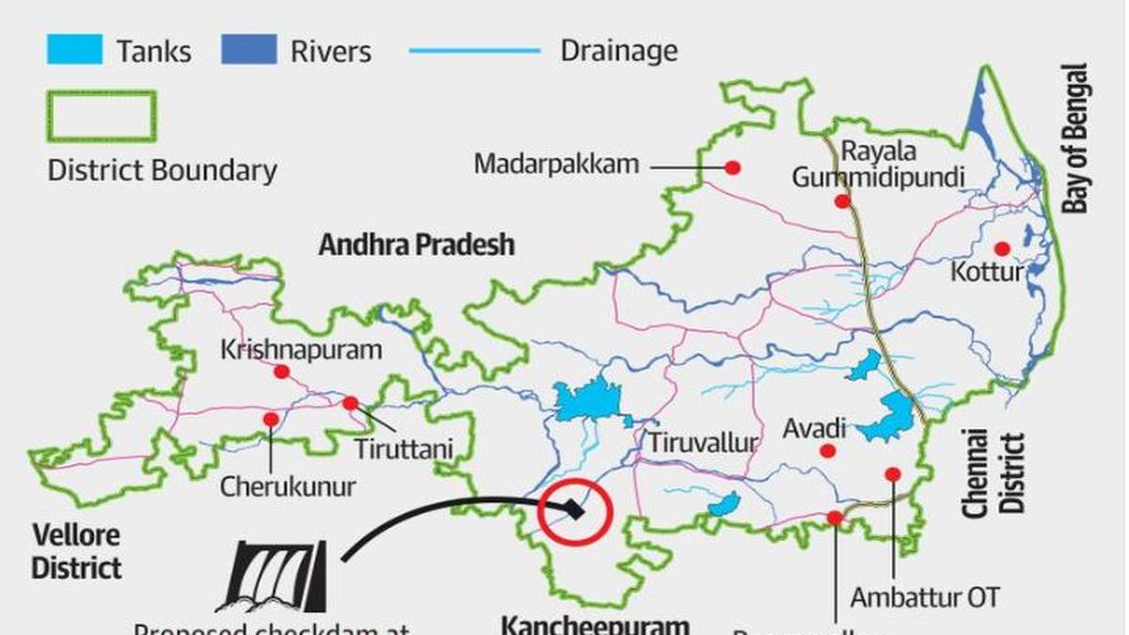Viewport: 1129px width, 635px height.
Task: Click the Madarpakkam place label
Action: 556,164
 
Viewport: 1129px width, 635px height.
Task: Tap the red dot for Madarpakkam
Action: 732,167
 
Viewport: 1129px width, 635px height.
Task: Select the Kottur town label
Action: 986,273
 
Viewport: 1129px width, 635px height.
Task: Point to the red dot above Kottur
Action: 1002,248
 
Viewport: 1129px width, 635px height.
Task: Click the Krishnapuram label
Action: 301,350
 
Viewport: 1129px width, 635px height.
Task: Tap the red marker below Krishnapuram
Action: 281,372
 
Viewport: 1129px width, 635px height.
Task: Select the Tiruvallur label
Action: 702,443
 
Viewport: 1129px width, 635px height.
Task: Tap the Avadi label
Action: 815,429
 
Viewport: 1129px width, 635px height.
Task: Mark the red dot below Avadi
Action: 827,452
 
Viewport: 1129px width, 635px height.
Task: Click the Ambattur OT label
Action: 925,596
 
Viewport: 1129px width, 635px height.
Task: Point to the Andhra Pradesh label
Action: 417,245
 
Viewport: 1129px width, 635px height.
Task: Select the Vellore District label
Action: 76,552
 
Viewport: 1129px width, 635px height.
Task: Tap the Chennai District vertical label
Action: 994,472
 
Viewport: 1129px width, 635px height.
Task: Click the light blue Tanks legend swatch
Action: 74,49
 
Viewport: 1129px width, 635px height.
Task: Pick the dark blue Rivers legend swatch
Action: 249,49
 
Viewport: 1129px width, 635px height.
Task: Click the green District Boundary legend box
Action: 101,116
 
